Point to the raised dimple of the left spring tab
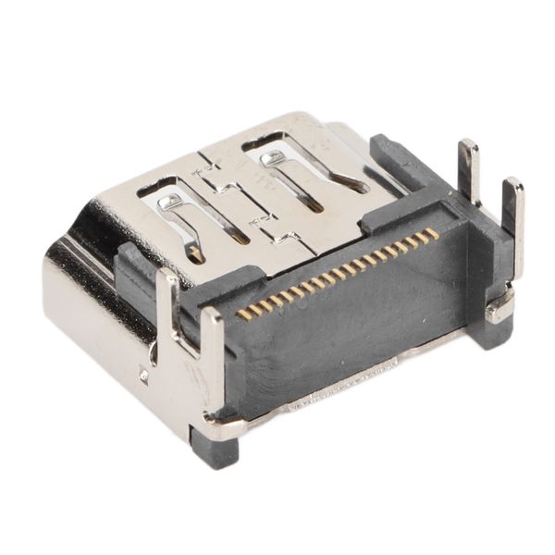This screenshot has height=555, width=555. point(168,200)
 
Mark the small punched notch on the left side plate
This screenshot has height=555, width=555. point(143,376)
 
